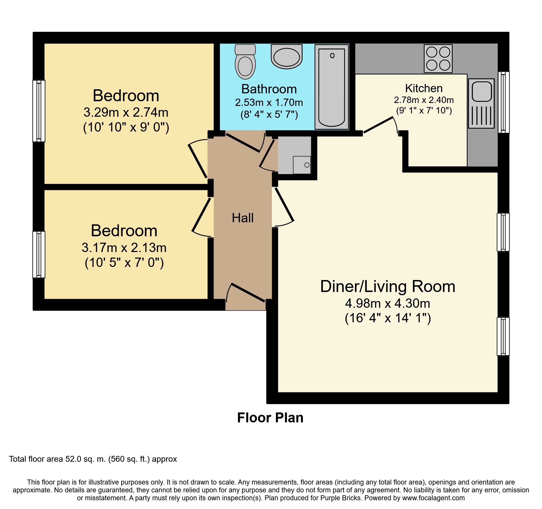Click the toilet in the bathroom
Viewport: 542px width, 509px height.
click(245, 62)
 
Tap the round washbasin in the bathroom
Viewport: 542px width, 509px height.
click(287, 57)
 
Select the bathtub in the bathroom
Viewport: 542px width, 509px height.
click(332, 87)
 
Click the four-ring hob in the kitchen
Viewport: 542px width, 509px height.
click(438, 59)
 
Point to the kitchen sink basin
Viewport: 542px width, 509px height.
click(482, 92)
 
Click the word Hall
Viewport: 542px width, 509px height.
click(243, 218)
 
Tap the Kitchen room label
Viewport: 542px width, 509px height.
click(424, 88)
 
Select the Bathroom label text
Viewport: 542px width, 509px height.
click(269, 89)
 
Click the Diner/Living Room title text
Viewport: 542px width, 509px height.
click(388, 286)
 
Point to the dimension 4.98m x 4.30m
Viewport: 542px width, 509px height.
click(388, 303)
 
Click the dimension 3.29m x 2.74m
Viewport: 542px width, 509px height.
click(126, 112)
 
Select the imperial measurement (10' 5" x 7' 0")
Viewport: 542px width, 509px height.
click(124, 263)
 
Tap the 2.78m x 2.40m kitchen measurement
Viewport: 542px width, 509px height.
click(424, 100)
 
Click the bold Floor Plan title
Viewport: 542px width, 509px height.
click(270, 418)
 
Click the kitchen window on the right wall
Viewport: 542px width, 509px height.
click(504, 102)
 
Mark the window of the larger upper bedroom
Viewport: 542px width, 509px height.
click(39, 111)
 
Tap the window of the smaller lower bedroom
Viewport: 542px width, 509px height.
click(39, 255)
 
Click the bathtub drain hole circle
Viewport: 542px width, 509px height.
click(332, 55)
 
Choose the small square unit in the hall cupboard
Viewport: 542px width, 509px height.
click(302, 165)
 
